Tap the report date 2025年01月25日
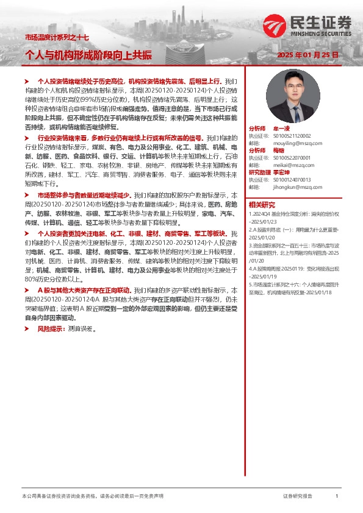(x=307, y=55)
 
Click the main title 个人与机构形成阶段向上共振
(x=88, y=54)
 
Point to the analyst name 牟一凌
(x=282, y=129)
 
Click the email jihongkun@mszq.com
(x=290, y=186)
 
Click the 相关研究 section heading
(x=262, y=205)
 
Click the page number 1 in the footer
(x=336, y=497)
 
